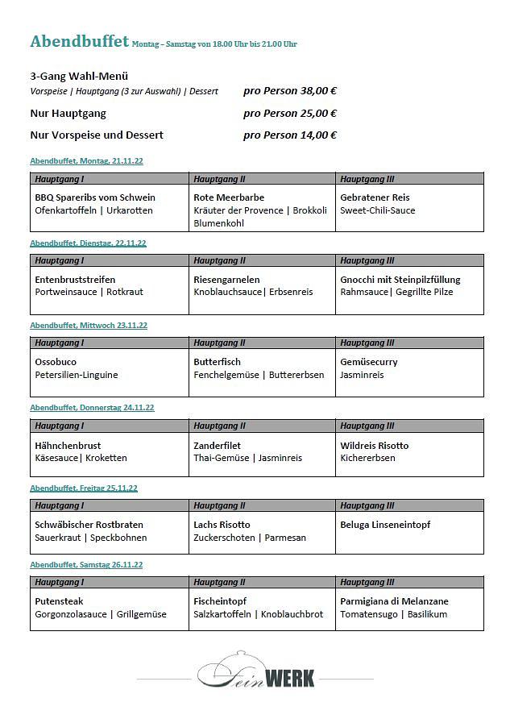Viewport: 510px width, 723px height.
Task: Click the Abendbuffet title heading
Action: [x=79, y=41]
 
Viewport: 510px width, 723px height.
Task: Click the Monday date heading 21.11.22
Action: [x=87, y=161]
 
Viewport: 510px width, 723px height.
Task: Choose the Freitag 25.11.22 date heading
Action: [x=84, y=488]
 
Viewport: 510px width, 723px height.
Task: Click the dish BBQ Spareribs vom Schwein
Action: [x=95, y=197]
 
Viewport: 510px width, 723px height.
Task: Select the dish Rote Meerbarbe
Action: [x=229, y=197]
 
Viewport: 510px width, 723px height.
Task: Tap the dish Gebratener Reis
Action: [x=375, y=197]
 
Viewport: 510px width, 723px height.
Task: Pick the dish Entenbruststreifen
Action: [x=75, y=280]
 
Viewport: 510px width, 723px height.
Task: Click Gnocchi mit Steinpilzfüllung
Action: [x=400, y=280]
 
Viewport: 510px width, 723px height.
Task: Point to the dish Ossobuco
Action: [x=56, y=362]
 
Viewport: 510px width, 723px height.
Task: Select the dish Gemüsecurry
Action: [x=369, y=362]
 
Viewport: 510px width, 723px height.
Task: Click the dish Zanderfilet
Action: [x=217, y=445]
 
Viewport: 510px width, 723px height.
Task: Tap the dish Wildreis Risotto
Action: [x=374, y=445]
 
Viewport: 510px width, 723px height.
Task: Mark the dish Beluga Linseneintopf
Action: [x=385, y=525]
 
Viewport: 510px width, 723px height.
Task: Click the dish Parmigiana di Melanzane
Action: [x=394, y=601]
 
